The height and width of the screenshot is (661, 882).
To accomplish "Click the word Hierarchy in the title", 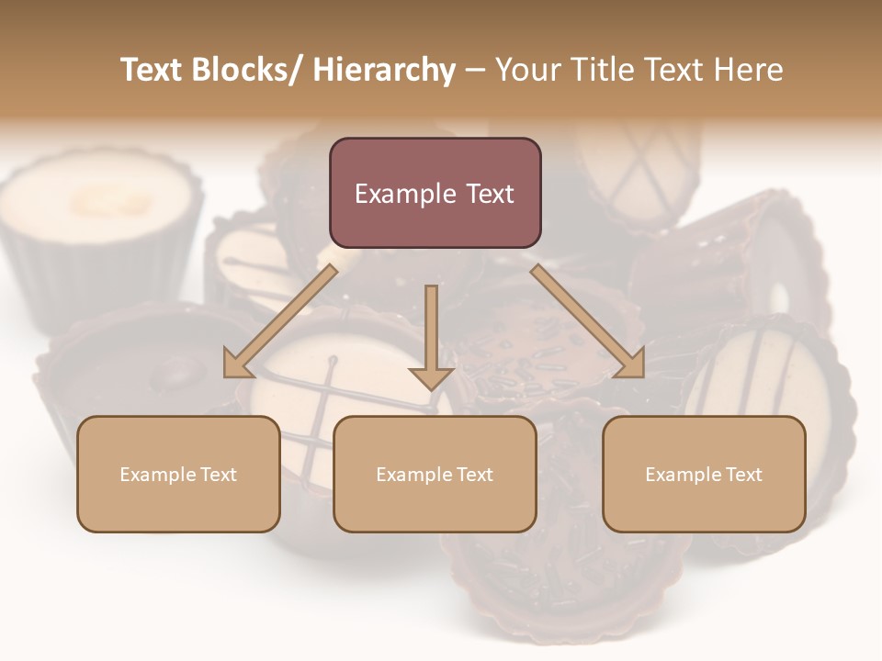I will tap(383, 70).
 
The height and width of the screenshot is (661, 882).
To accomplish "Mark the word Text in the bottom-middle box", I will tap(474, 475).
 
